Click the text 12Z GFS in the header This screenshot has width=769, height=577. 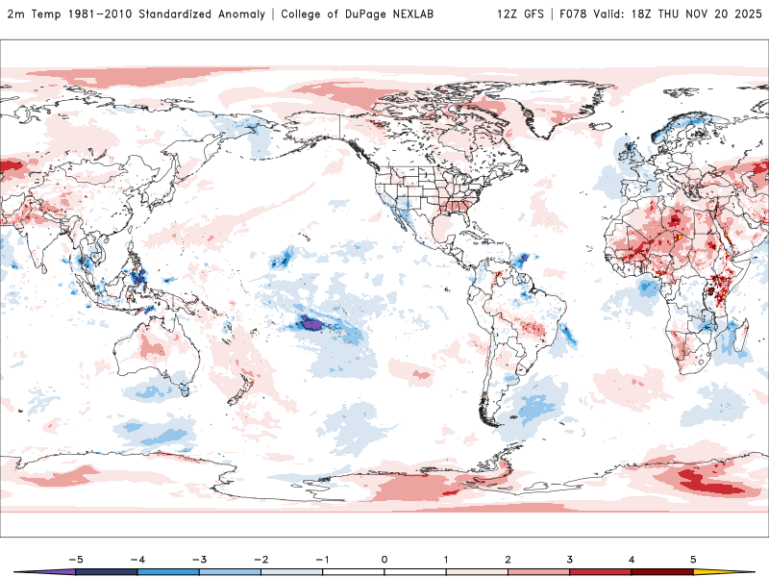(520, 13)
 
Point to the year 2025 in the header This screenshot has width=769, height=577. (745, 13)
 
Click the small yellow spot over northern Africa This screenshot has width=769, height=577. (679, 236)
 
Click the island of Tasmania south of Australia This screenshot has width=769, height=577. (183, 389)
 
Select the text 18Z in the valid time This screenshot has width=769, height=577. (632, 13)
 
